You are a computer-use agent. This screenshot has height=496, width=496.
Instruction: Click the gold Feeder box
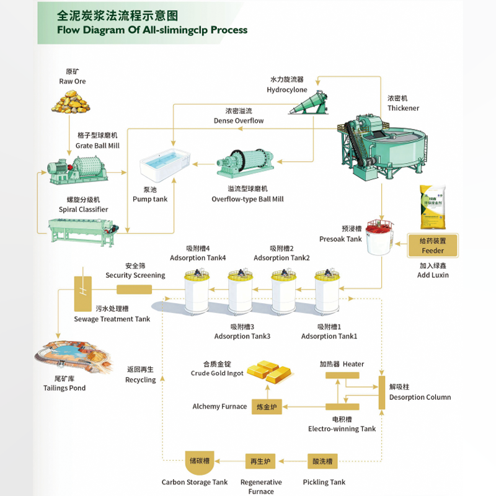coord(433,246)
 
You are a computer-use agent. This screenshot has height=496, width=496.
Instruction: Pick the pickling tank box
coord(323,461)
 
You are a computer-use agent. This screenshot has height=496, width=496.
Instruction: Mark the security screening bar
coord(135,290)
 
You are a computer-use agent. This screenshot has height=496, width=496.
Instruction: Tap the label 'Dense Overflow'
coord(239,120)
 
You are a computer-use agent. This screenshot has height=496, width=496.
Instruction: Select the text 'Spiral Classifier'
coord(83,210)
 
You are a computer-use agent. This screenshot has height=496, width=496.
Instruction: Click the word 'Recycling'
coord(141,380)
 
